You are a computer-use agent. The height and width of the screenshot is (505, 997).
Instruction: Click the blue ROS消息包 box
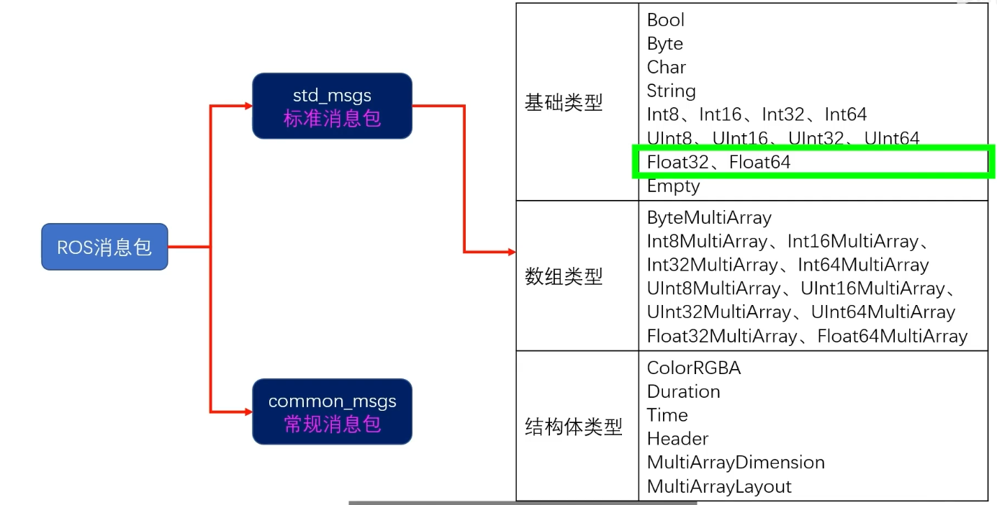click(x=104, y=247)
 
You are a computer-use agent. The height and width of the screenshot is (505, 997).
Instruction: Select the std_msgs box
click(x=332, y=106)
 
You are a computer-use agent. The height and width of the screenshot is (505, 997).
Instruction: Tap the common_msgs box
click(x=332, y=411)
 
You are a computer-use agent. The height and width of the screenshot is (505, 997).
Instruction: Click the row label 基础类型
click(x=564, y=103)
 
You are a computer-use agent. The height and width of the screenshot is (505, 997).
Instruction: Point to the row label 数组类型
click(x=564, y=276)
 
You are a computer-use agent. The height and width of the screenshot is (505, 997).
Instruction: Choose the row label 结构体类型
click(x=574, y=427)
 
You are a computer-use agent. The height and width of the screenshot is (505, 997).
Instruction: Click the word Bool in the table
click(x=666, y=20)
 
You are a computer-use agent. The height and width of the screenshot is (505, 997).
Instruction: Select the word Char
click(x=667, y=68)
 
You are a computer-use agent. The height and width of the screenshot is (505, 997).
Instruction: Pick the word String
click(x=672, y=91)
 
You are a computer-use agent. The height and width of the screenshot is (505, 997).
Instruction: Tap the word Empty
click(x=674, y=186)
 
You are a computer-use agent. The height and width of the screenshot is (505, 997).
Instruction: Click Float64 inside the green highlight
click(x=759, y=163)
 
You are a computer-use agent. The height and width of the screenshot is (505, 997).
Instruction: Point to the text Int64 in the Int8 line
click(x=846, y=115)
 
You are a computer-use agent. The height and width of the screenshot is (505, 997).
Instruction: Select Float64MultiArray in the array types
click(x=893, y=337)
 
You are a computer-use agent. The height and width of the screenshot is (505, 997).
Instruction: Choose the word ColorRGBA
click(x=694, y=368)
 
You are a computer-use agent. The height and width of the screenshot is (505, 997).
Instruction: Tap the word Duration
click(x=684, y=392)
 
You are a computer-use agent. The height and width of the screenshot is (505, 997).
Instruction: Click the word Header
click(x=678, y=439)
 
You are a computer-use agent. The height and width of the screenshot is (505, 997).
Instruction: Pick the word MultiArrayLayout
click(x=719, y=486)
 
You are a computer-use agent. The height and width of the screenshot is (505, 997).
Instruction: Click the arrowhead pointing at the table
click(x=511, y=252)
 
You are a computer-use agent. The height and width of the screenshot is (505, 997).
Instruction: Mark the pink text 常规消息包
click(x=332, y=424)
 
